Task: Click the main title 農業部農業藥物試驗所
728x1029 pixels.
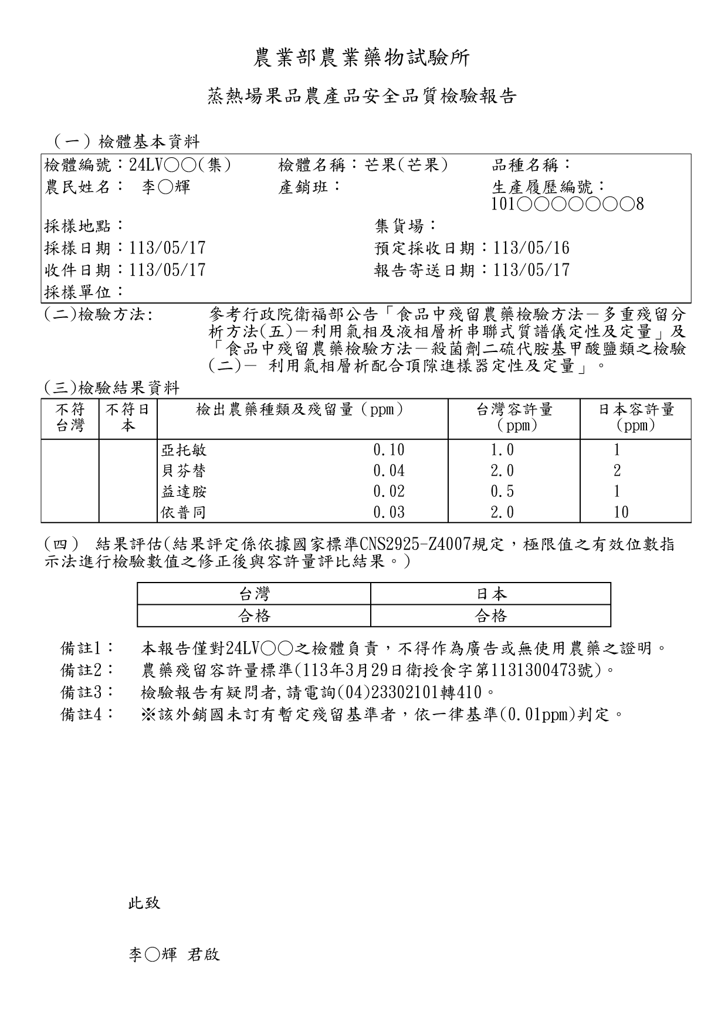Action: [x=362, y=58]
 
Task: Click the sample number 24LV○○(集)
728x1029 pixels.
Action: [x=180, y=165]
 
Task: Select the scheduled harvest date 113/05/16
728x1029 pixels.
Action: [x=531, y=248]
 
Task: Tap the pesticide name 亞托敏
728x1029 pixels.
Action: [x=184, y=451]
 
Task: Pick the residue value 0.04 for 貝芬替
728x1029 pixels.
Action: [x=389, y=471]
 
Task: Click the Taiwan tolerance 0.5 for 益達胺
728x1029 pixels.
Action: [x=502, y=492]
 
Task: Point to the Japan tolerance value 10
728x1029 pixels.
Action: [x=621, y=512]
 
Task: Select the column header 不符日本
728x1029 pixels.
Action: [x=128, y=418]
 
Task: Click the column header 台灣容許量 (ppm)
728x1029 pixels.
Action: [x=514, y=418]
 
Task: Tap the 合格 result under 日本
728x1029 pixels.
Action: [x=490, y=616]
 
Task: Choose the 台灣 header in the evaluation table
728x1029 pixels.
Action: [x=254, y=594]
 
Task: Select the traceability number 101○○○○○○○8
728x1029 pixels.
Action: [x=568, y=204]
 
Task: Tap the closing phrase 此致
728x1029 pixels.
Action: [x=144, y=903]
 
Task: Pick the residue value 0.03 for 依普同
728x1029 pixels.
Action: [x=389, y=512]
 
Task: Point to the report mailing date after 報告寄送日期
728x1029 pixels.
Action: [x=531, y=270]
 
